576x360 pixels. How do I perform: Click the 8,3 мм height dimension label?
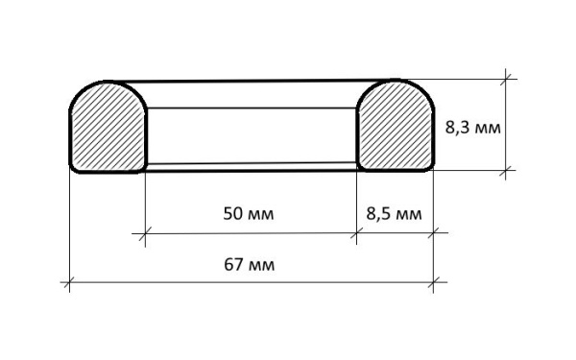[472, 129]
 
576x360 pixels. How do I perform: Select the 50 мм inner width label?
[249, 214]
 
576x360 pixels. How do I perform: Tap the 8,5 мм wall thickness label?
[394, 214]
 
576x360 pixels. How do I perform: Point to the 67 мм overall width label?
[249, 265]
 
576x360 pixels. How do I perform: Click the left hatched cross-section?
[108, 127]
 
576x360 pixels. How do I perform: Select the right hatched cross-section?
[396, 126]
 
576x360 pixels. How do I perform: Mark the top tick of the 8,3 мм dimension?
[506, 79]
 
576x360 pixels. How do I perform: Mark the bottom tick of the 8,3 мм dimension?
[506, 170]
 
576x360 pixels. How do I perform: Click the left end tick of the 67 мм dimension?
[69, 282]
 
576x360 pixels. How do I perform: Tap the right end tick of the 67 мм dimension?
[434, 282]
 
